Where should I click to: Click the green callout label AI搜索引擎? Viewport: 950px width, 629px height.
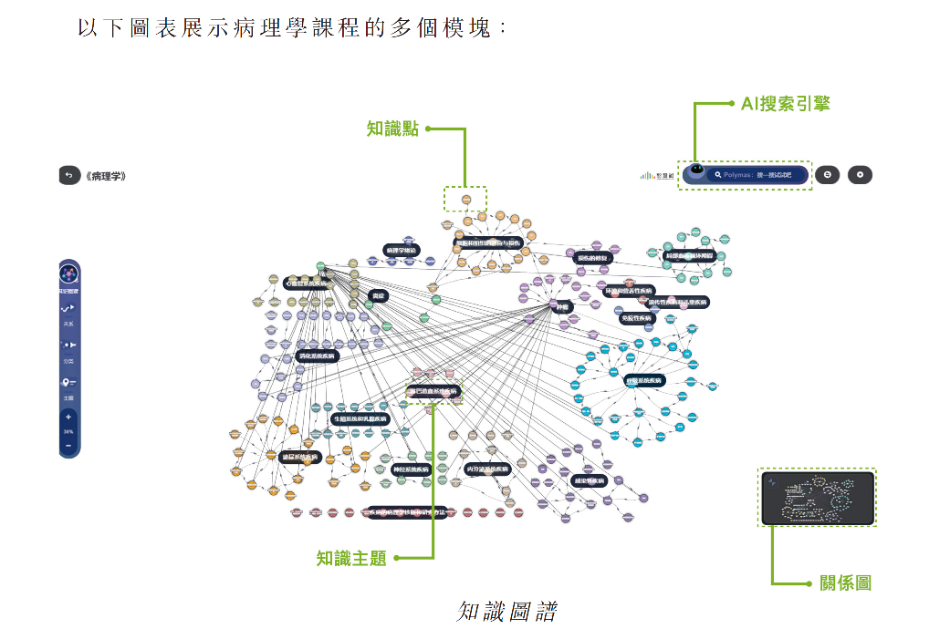pos(785,104)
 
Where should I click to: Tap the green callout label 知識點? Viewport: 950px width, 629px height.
pos(392,129)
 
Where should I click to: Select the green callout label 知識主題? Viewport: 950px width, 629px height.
pos(351,558)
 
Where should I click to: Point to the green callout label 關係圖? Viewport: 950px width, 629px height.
pos(846,583)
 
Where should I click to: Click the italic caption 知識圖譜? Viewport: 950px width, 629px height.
pos(506,610)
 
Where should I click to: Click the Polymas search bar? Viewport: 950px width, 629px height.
pos(758,174)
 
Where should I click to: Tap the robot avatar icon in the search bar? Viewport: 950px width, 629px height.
pos(696,171)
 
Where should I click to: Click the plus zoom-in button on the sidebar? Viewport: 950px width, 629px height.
pos(68,418)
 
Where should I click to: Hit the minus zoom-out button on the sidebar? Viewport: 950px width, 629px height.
pos(68,446)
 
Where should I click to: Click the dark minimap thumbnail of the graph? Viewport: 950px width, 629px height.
pos(817,498)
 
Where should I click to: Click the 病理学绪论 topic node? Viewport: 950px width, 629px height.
pos(402,250)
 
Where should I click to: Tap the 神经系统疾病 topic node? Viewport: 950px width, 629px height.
pos(411,469)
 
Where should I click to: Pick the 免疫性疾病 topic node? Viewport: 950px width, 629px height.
pos(637,318)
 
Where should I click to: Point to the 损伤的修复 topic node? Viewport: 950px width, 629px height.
pos(597,258)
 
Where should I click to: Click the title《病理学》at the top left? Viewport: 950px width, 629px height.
pos(106,176)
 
